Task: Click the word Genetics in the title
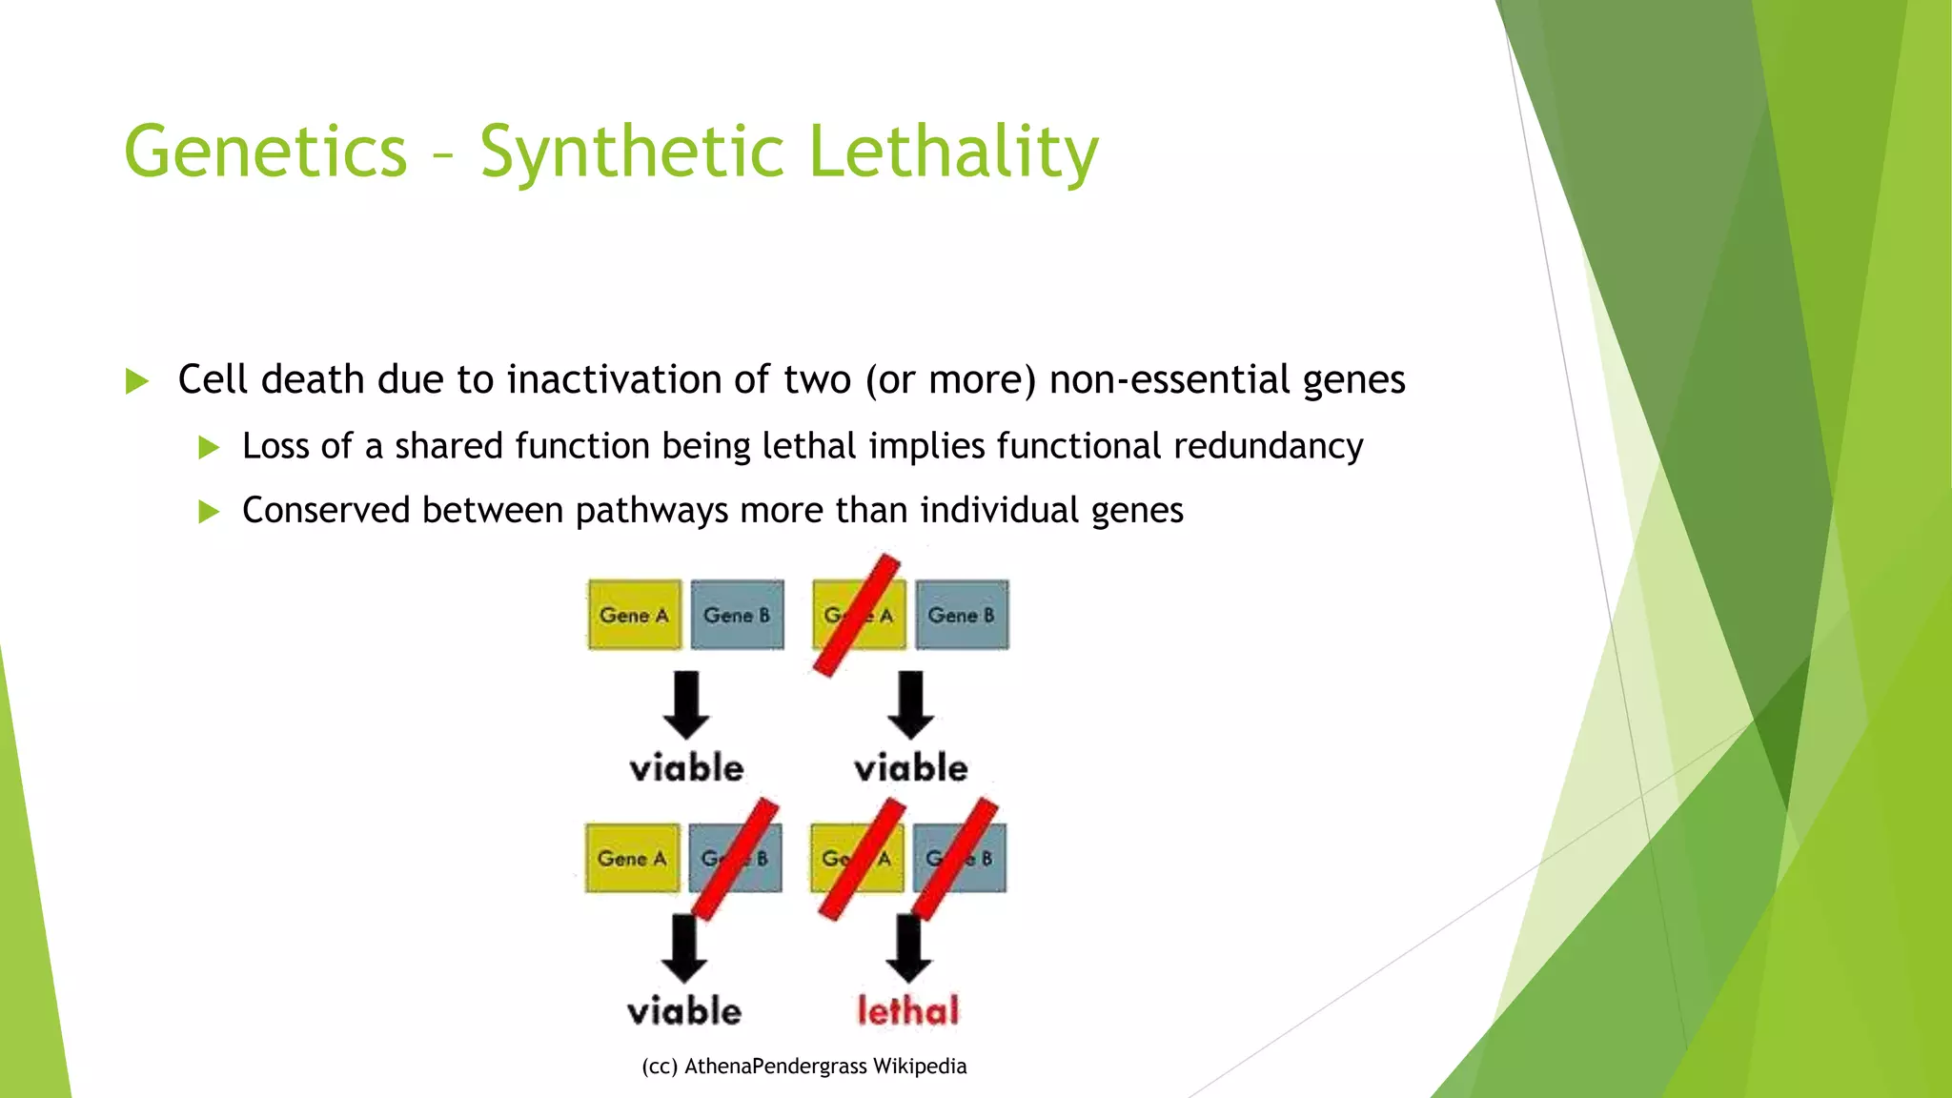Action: (x=266, y=152)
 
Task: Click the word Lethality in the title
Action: (x=953, y=152)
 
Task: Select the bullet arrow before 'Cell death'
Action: (x=137, y=382)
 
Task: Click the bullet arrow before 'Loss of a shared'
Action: (x=209, y=447)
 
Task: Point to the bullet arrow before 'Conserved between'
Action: (x=209, y=512)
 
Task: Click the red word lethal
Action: (x=907, y=1011)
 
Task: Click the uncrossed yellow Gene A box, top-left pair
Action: (x=634, y=615)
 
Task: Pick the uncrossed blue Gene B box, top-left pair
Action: (x=737, y=615)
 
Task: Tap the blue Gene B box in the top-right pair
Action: (x=962, y=615)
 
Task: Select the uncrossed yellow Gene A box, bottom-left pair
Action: (x=632, y=858)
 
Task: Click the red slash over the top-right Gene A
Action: (x=857, y=616)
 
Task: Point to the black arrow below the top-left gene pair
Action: (x=686, y=704)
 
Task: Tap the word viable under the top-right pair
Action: (x=910, y=768)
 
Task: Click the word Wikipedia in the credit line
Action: (x=920, y=1067)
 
